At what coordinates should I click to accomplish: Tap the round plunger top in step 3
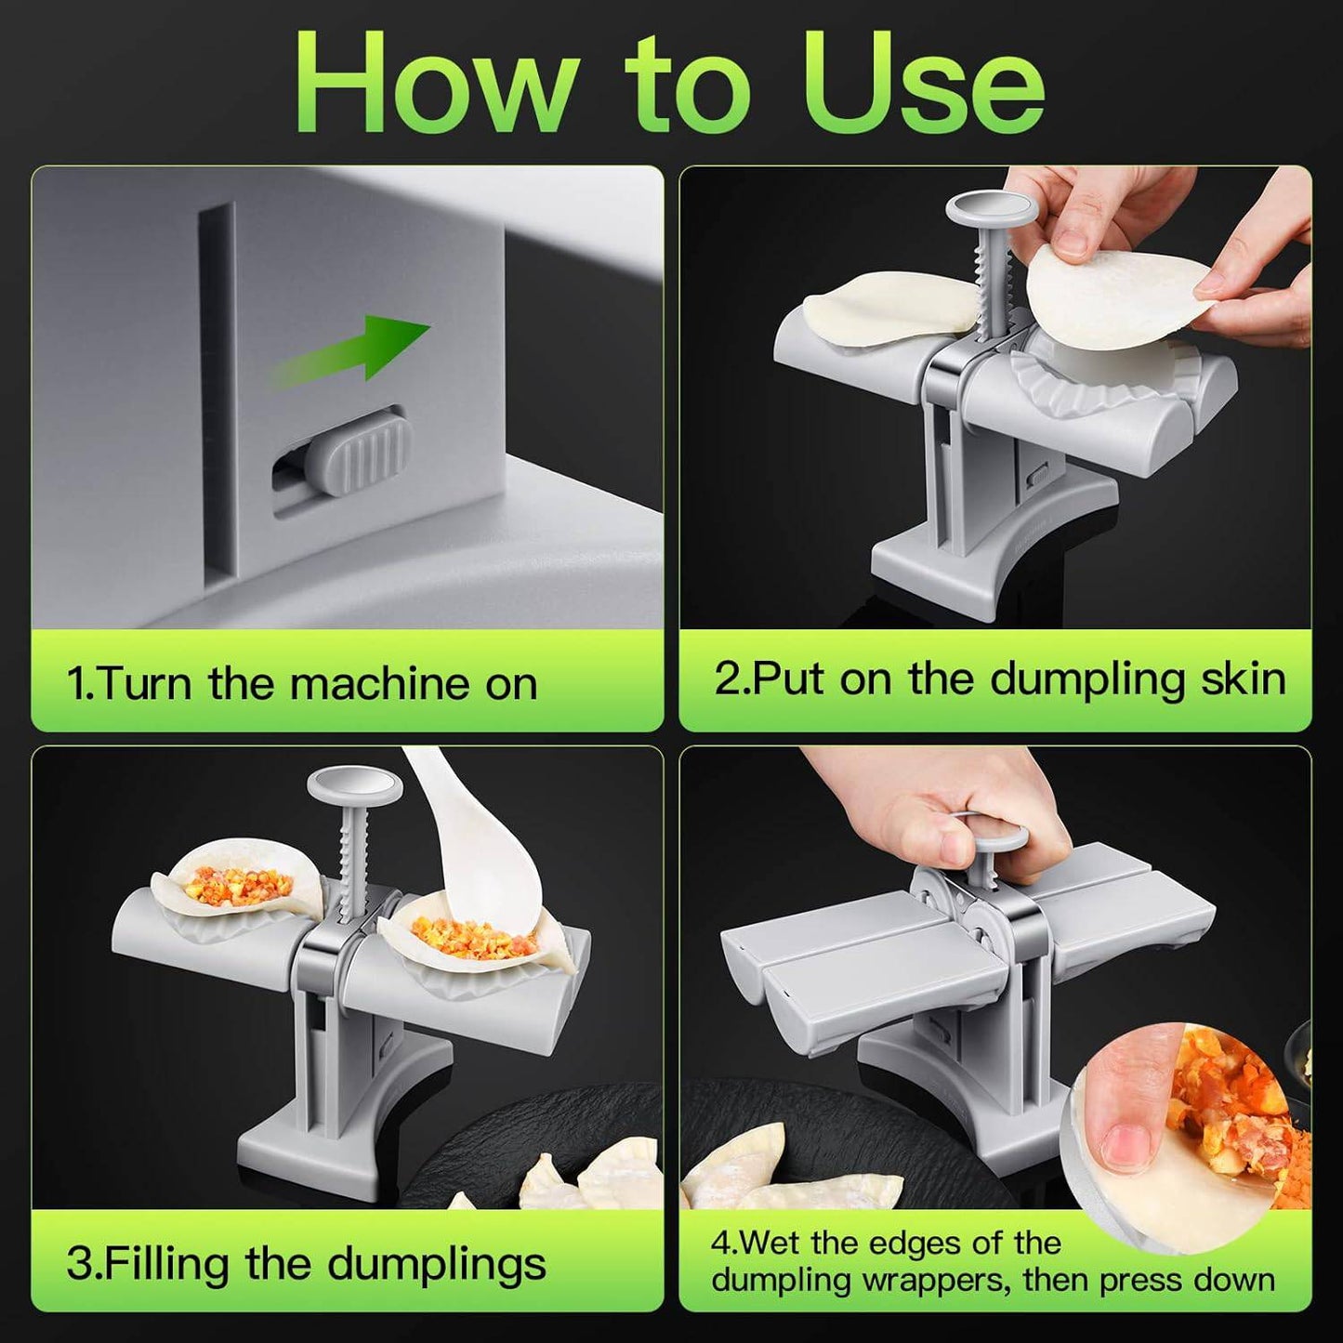click(355, 786)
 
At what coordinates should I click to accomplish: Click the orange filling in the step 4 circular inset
click(1227, 1106)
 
